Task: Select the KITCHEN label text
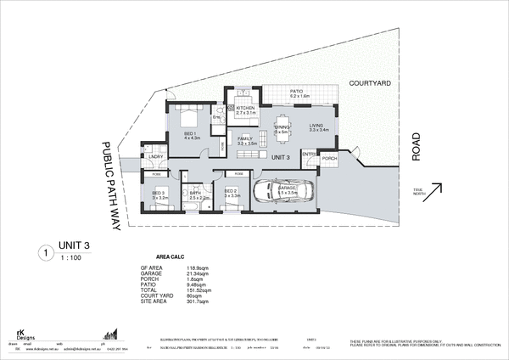pyautogui.click(x=246, y=109)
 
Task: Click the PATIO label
pyautogui.click(x=297, y=91)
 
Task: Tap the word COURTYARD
pyautogui.click(x=369, y=83)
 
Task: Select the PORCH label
pyautogui.click(x=330, y=158)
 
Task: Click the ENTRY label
pyautogui.click(x=310, y=154)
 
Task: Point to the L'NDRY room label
pyautogui.click(x=155, y=156)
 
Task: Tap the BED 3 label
pyautogui.click(x=159, y=193)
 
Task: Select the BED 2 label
pyautogui.click(x=230, y=192)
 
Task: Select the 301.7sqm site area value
pyautogui.click(x=199, y=302)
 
